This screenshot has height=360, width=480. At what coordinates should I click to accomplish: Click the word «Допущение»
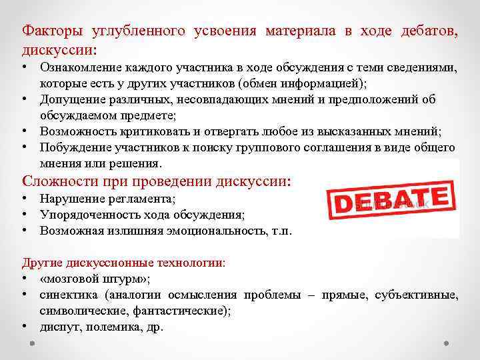pos(69,99)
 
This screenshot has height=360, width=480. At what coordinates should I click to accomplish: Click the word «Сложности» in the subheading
pos(57,181)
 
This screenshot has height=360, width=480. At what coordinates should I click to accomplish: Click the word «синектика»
pos(67,295)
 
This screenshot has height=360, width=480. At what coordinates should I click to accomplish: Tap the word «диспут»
pos(59,327)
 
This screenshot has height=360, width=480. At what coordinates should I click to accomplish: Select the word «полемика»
pos(109,327)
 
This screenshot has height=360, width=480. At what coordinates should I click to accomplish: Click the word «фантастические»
pos(179,311)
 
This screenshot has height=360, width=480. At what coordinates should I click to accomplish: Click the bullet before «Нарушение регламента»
pos(25,199)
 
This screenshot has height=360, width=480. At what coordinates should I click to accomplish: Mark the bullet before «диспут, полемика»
pos(25,327)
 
